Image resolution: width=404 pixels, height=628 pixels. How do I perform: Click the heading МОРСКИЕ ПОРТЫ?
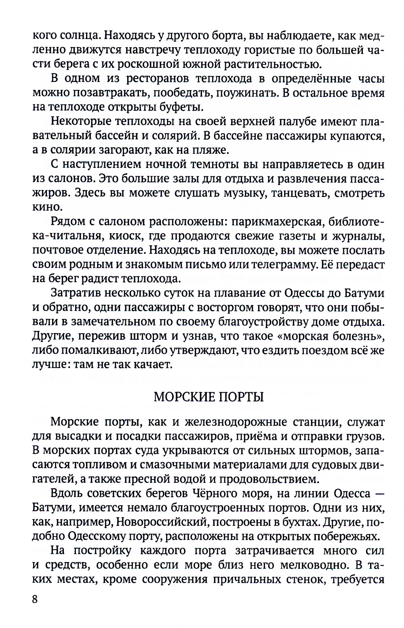(208, 397)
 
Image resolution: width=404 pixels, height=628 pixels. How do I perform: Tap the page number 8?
(35, 599)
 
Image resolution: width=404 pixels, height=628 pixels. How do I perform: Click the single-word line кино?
(47, 207)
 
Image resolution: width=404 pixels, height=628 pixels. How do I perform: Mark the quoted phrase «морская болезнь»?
(331, 336)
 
